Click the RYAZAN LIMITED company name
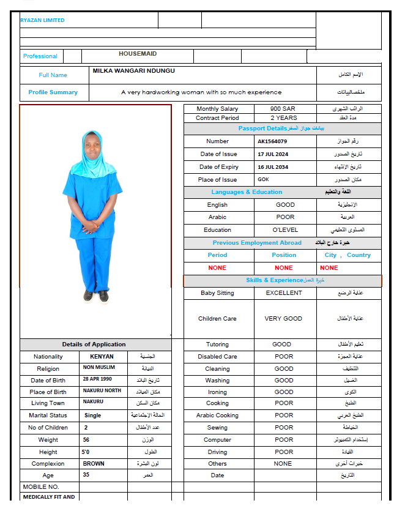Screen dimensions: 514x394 [x=42, y=20]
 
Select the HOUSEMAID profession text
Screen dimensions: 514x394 [x=138, y=54]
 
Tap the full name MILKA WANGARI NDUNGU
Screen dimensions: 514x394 [x=133, y=71]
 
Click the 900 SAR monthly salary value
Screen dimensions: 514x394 [x=283, y=109]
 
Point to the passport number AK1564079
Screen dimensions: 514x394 [x=272, y=141]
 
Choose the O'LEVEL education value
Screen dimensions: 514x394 [x=285, y=230]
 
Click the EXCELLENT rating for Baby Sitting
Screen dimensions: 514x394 [x=284, y=293]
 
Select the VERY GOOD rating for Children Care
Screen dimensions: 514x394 [x=283, y=319]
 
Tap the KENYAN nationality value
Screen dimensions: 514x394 [x=102, y=357]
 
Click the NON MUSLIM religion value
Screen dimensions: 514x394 [x=99, y=368]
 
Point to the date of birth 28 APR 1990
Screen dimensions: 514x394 [x=98, y=379]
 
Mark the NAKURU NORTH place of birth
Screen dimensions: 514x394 [x=102, y=391]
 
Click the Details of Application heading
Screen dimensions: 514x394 [x=94, y=345]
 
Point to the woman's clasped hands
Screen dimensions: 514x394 [x=90, y=228]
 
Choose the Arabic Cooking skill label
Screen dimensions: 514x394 [x=218, y=415]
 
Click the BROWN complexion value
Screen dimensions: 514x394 [x=94, y=464]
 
